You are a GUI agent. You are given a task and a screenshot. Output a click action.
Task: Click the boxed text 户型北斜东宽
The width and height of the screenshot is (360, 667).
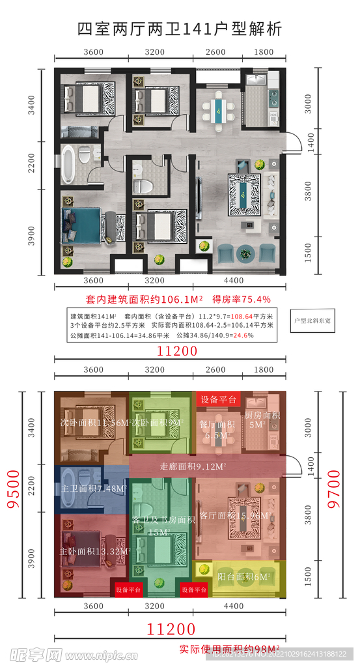click(314, 320)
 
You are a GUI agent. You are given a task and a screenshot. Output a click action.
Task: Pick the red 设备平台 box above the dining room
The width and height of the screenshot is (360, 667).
click(218, 399)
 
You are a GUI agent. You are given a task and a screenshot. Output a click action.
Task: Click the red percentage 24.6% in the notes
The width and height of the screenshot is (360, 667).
click(243, 335)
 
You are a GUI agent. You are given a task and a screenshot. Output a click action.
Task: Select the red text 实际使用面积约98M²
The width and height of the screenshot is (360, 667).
click(229, 649)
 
